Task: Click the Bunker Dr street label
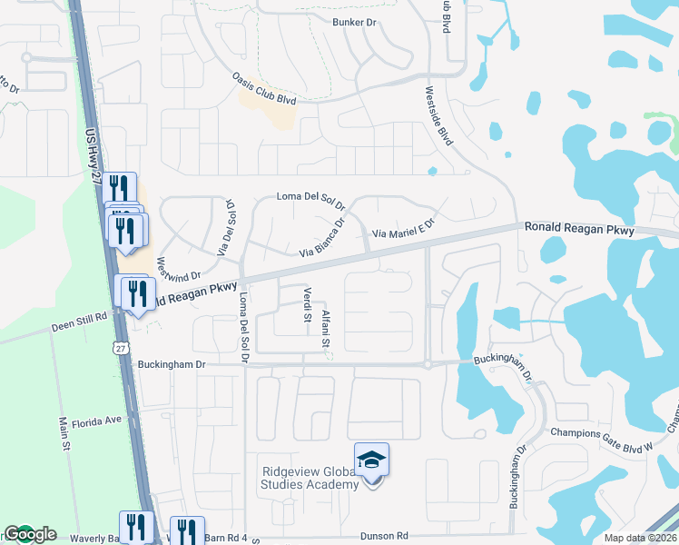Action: pyautogui.click(x=354, y=22)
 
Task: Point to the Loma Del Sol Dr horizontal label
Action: pyautogui.click(x=310, y=197)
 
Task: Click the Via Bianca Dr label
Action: pyautogui.click(x=324, y=236)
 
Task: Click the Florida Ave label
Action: pyautogui.click(x=97, y=421)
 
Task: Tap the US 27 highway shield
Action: pyautogui.click(x=121, y=347)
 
